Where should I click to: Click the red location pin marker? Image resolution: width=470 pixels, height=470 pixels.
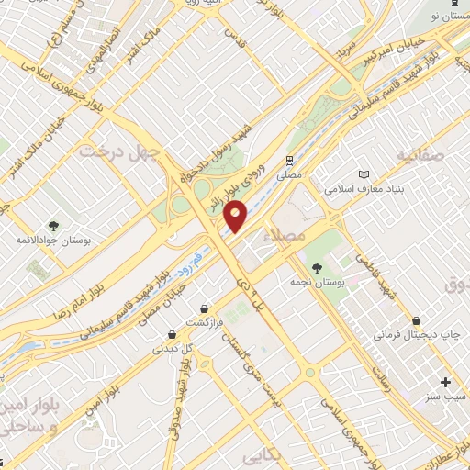(236, 215)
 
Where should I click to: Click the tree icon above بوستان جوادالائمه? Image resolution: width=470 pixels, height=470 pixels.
(53, 224)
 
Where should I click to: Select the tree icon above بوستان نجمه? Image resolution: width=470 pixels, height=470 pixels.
(317, 267)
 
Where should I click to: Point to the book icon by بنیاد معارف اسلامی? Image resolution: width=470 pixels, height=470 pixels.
(364, 173)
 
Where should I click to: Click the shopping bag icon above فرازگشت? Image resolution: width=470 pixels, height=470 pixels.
(203, 308)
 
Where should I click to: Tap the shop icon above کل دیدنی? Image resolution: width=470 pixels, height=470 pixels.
(171, 334)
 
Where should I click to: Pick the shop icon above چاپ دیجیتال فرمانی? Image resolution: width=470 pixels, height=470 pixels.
(418, 321)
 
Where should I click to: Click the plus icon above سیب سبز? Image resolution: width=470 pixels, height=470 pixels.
(446, 381)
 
